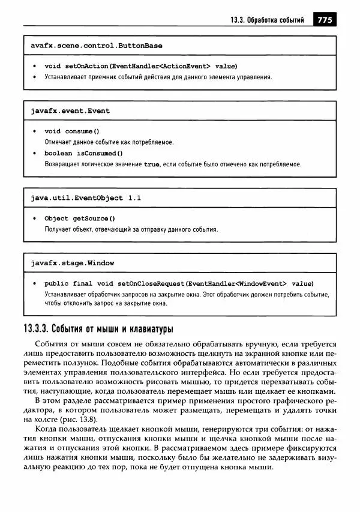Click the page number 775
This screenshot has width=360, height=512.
coord(324,20)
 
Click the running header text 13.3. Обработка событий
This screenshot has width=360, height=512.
coord(267,20)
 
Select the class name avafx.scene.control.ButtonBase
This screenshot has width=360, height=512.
coord(96,46)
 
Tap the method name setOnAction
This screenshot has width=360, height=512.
coord(84,66)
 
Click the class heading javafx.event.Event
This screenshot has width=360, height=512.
coord(70,111)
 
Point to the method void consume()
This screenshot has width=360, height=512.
coord(72,131)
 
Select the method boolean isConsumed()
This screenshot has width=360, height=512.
coord(79,153)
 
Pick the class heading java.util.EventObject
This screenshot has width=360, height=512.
coord(77,197)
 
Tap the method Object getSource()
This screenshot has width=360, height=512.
coord(80,218)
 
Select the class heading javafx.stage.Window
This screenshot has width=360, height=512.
coord(72,263)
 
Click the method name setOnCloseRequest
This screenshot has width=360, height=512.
coord(151,283)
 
